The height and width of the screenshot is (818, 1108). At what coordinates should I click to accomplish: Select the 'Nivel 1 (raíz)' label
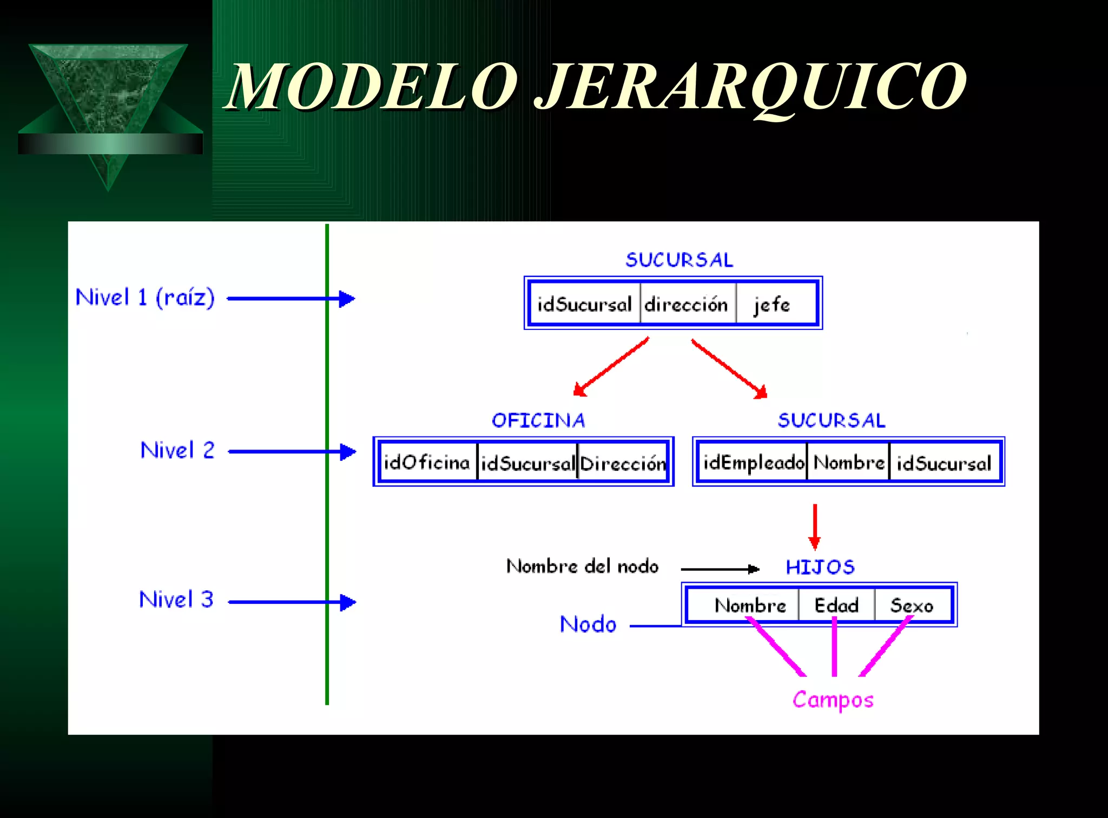click(145, 298)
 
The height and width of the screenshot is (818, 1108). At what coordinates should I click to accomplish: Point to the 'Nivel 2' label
click(177, 450)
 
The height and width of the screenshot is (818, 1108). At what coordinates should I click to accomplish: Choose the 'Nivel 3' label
click(176, 599)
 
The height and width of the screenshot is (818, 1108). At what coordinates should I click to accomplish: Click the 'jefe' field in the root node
click(772, 305)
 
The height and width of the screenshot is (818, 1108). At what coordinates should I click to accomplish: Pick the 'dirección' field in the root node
click(686, 305)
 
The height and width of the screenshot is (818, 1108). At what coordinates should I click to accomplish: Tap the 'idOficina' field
click(427, 463)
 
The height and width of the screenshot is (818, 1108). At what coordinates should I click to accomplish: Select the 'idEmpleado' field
click(754, 463)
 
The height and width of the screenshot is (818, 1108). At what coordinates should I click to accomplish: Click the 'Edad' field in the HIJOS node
click(836, 605)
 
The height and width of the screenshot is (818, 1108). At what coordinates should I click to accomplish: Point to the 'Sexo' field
click(912, 605)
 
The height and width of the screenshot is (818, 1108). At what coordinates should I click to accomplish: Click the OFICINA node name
click(538, 420)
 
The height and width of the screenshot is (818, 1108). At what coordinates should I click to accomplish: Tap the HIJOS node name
click(820, 567)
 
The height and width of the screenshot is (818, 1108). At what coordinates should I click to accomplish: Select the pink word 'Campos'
click(833, 700)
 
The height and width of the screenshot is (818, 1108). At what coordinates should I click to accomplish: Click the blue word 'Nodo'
click(588, 624)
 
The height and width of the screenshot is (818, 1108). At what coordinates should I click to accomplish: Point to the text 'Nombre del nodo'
click(583, 566)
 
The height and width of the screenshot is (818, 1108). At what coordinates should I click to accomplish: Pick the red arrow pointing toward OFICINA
click(611, 367)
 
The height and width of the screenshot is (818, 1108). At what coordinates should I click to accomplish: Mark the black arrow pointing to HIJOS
click(720, 569)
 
